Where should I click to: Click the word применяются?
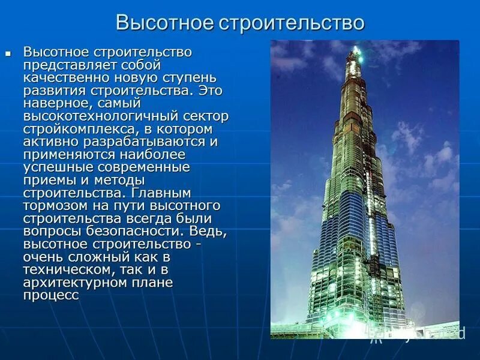(x=64, y=155)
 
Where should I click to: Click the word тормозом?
(x=54, y=206)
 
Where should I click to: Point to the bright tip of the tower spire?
(x=355, y=47)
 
